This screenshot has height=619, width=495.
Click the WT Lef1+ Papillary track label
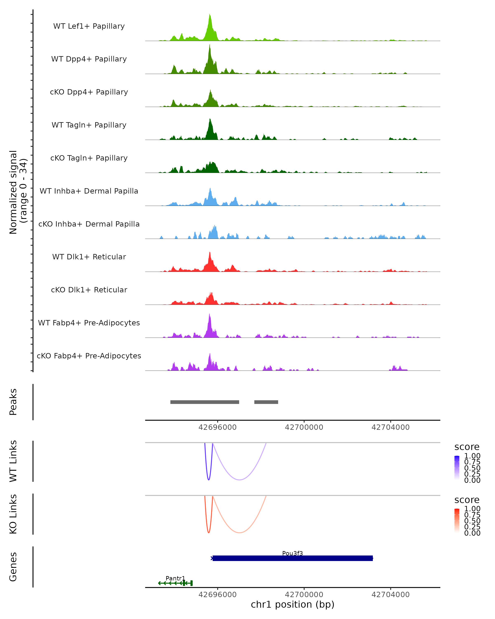[89, 26]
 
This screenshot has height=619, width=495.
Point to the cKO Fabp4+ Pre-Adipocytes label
[89, 356]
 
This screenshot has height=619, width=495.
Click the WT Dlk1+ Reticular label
[89, 257]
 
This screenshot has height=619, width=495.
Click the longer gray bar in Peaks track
[205, 402]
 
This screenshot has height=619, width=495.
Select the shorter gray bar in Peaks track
[266, 402]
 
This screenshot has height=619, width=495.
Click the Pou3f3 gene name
[292, 553]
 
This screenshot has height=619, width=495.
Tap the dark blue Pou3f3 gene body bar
[292, 558]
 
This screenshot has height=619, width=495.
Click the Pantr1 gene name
[175, 578]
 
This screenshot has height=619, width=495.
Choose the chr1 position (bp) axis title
[292, 605]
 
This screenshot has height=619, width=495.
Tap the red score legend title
[467, 500]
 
